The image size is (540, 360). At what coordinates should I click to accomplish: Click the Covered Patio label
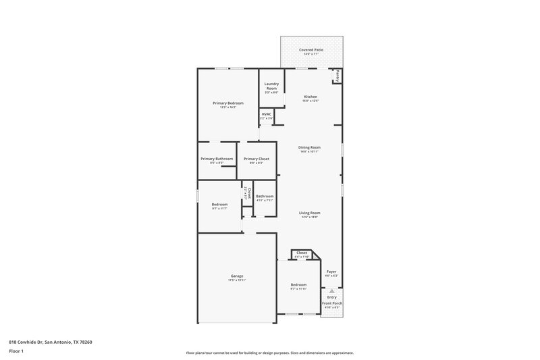(311, 51)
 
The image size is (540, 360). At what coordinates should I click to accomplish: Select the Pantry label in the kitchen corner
(337, 76)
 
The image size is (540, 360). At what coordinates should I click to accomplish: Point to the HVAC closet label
(267, 114)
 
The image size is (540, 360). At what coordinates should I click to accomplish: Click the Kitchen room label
(310, 97)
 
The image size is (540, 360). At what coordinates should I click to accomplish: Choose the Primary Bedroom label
(227, 103)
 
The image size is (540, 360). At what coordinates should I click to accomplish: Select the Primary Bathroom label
(217, 159)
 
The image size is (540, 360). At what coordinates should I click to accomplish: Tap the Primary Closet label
(256, 159)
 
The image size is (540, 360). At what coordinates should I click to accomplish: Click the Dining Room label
(310, 147)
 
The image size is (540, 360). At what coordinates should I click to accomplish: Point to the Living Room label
(310, 213)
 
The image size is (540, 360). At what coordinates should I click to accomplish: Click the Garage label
(237, 276)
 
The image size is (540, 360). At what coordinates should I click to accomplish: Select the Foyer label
(331, 272)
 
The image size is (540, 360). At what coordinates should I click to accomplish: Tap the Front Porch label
(331, 303)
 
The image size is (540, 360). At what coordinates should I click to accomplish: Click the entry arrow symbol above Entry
(331, 290)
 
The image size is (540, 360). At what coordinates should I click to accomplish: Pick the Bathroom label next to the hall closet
(265, 196)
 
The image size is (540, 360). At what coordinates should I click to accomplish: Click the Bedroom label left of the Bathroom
(219, 204)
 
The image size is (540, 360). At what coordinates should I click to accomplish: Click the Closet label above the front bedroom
(302, 253)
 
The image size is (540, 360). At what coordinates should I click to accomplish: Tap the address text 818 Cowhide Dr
(51, 342)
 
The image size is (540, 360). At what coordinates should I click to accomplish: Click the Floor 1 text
(17, 352)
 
